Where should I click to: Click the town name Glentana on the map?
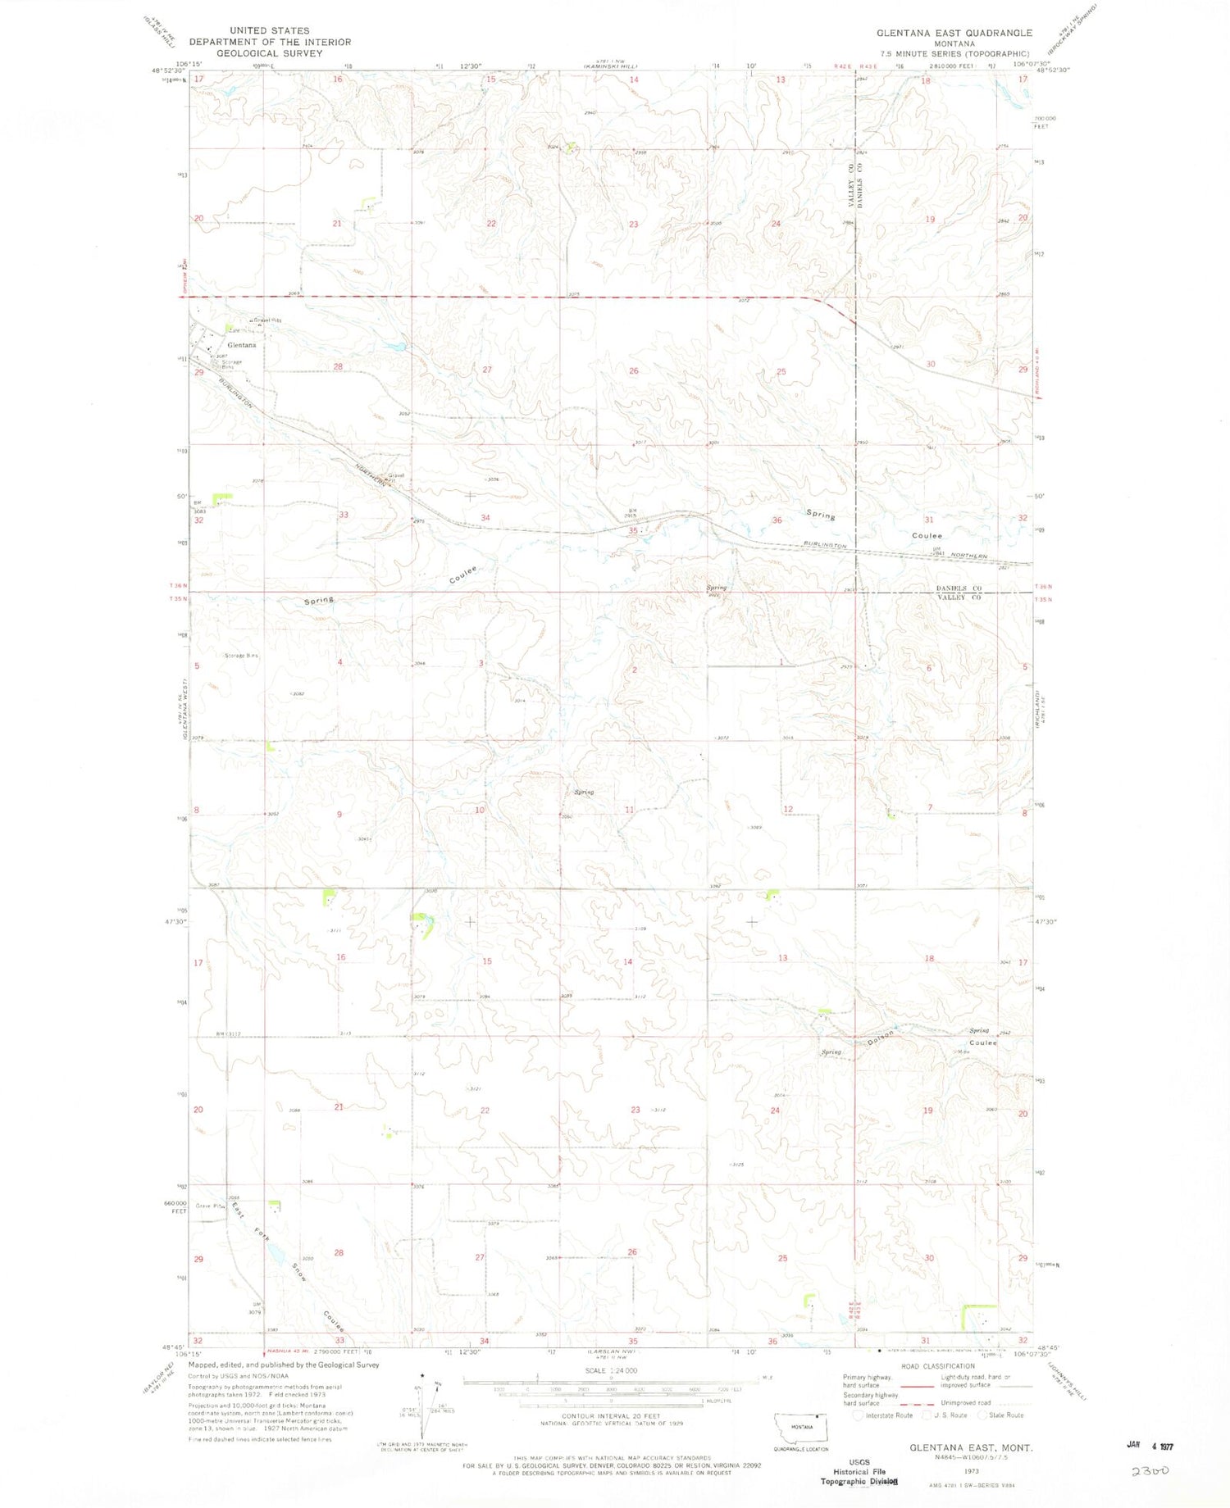coord(242,345)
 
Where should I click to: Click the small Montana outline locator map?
coord(801,1428)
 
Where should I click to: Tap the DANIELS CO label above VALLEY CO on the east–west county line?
coord(959,588)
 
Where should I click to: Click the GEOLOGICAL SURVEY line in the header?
coord(270,52)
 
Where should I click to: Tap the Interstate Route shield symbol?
coord(859,1415)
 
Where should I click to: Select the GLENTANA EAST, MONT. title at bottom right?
coord(971,1447)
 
